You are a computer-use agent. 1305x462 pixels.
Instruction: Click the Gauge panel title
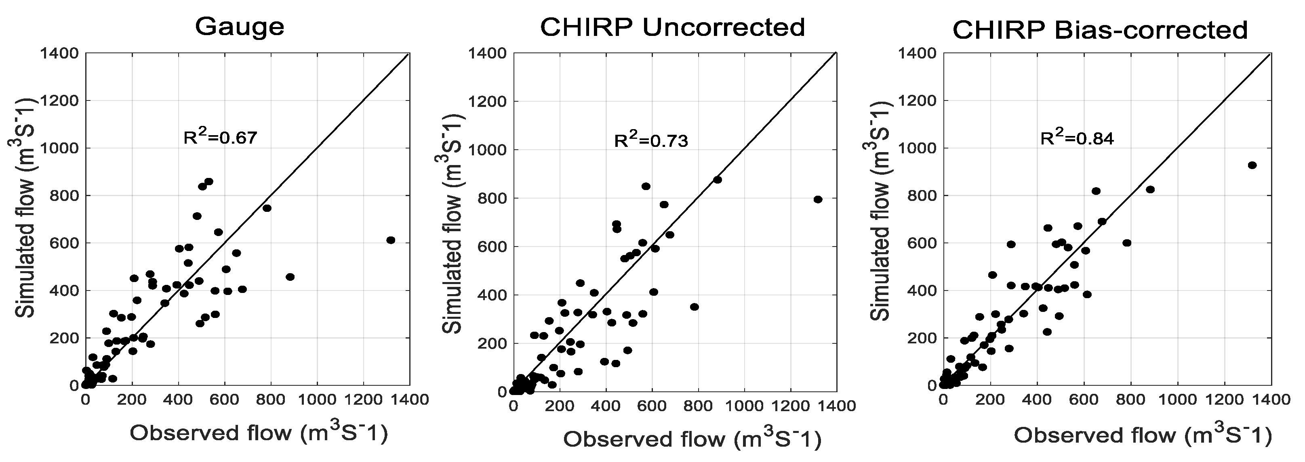(x=240, y=26)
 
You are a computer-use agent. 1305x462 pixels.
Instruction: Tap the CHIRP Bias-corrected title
(x=1100, y=30)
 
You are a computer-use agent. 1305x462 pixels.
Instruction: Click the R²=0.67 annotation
(x=220, y=138)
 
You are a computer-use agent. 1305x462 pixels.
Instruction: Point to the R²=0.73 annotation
(x=651, y=140)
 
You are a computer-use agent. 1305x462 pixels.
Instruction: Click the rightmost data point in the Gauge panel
(x=391, y=240)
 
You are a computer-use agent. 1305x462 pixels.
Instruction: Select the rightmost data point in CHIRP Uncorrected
(x=818, y=199)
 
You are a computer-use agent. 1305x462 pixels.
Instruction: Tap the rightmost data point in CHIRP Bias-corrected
(x=1252, y=165)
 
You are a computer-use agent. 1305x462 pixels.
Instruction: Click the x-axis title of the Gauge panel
(x=259, y=433)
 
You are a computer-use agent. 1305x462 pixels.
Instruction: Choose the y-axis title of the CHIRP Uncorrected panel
(x=453, y=223)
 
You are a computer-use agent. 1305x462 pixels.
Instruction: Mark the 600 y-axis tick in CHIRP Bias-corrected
(x=921, y=243)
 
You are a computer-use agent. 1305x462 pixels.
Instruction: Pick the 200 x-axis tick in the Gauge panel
(x=132, y=399)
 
